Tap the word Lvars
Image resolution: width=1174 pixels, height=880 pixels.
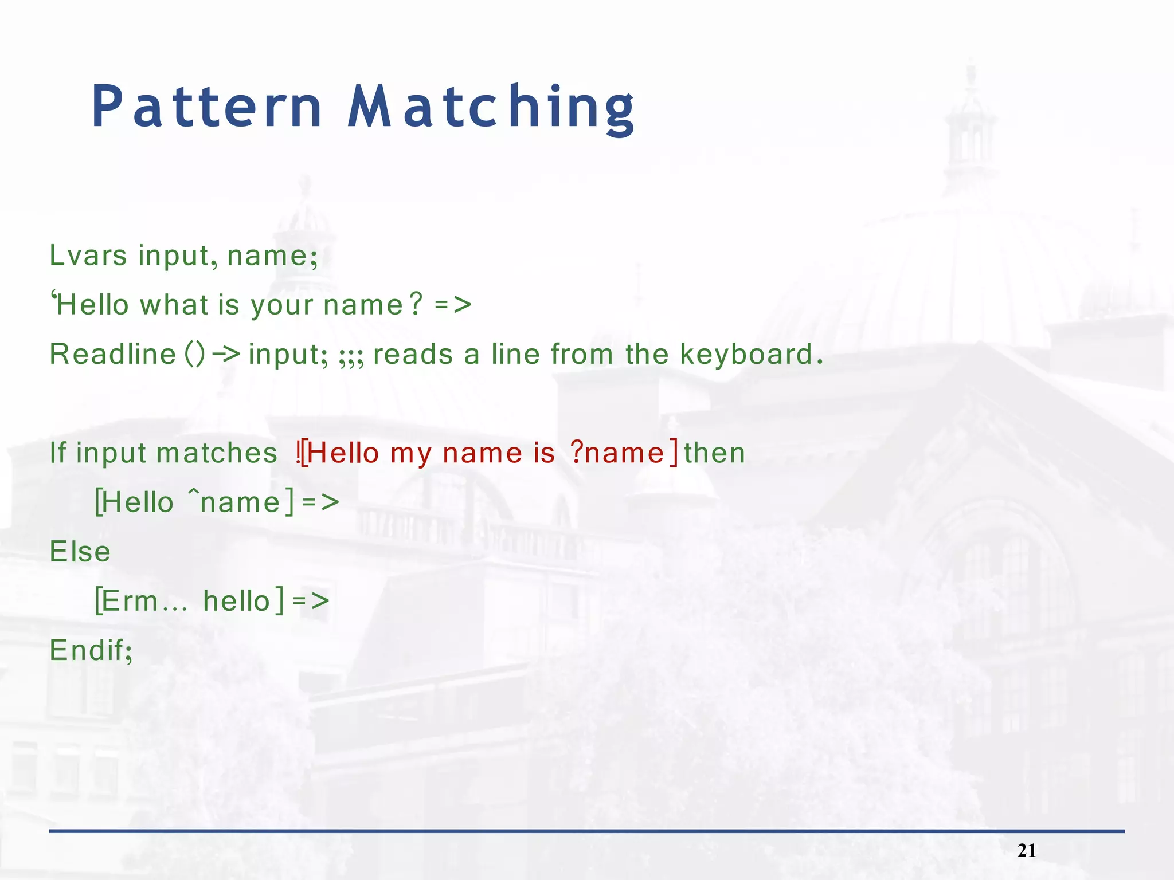click(x=88, y=256)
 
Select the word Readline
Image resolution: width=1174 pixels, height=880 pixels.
click(x=113, y=354)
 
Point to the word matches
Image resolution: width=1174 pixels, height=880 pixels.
click(x=217, y=453)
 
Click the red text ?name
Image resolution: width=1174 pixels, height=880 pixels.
click(x=617, y=453)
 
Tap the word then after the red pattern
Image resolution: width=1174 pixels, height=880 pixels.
click(x=714, y=453)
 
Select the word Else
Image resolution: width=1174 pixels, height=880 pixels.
click(x=80, y=552)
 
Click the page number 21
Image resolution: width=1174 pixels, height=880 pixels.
click(x=1027, y=851)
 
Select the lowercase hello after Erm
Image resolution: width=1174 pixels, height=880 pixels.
click(x=236, y=601)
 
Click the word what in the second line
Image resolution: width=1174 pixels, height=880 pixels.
click(x=174, y=305)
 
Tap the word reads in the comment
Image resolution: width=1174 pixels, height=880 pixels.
click(x=413, y=354)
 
